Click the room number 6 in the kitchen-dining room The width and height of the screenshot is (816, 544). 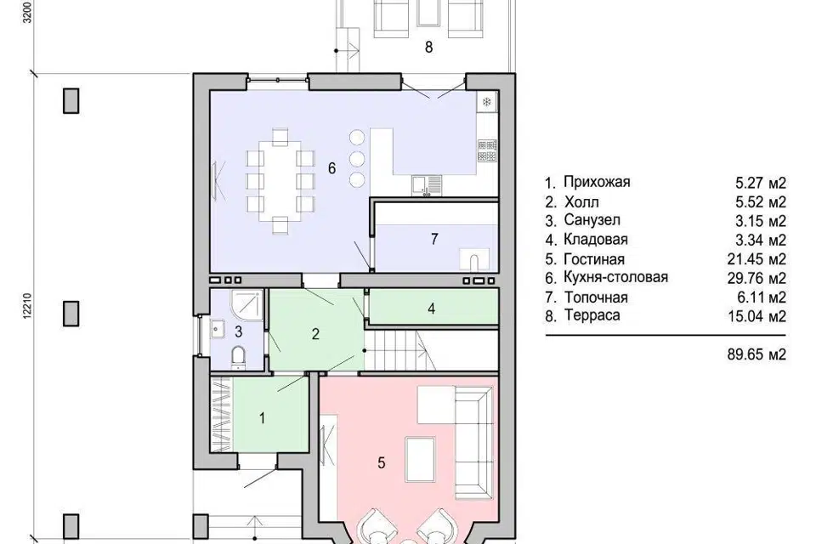331,168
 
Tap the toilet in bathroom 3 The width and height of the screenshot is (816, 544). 238,358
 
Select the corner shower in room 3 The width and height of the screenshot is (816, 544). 246,305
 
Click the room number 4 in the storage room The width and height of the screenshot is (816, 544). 431,309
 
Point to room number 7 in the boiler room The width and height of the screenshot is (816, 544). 434,239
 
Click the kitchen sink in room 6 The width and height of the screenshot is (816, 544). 426,184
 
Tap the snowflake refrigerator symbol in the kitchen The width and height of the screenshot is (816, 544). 487,102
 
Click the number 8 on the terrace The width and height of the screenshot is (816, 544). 428,48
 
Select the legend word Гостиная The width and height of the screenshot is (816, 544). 594,258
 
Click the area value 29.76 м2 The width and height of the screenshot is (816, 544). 756,278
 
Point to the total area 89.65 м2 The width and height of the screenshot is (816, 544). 756,354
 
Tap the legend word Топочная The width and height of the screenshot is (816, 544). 596,297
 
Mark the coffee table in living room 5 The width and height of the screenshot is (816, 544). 420,460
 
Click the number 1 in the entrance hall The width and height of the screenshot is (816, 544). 263,417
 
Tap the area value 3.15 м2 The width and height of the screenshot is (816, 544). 760,221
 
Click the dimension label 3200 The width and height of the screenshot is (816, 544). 27,11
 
